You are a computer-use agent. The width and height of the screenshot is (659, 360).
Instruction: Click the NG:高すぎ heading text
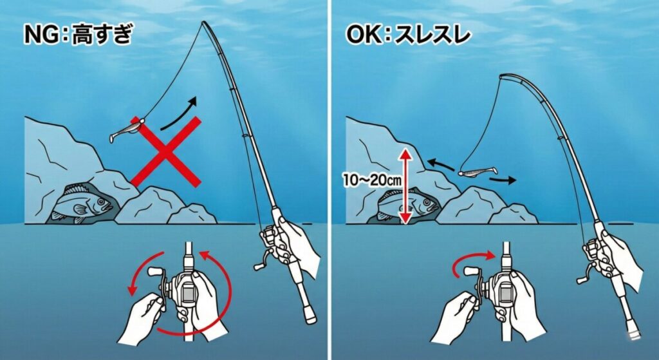pos(77,35)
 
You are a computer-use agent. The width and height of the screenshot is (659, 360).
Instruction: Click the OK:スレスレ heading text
pos(406,35)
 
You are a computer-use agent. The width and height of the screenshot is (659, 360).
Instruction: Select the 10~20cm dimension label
pos(372,182)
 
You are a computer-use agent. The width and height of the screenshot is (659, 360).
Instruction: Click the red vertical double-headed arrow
pos(405,185)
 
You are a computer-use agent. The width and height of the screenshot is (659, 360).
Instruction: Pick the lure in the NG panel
pos(124,133)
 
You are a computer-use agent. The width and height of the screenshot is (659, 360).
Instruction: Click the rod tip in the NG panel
pos(205,24)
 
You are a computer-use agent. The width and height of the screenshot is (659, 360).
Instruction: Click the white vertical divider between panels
pos(329,180)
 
